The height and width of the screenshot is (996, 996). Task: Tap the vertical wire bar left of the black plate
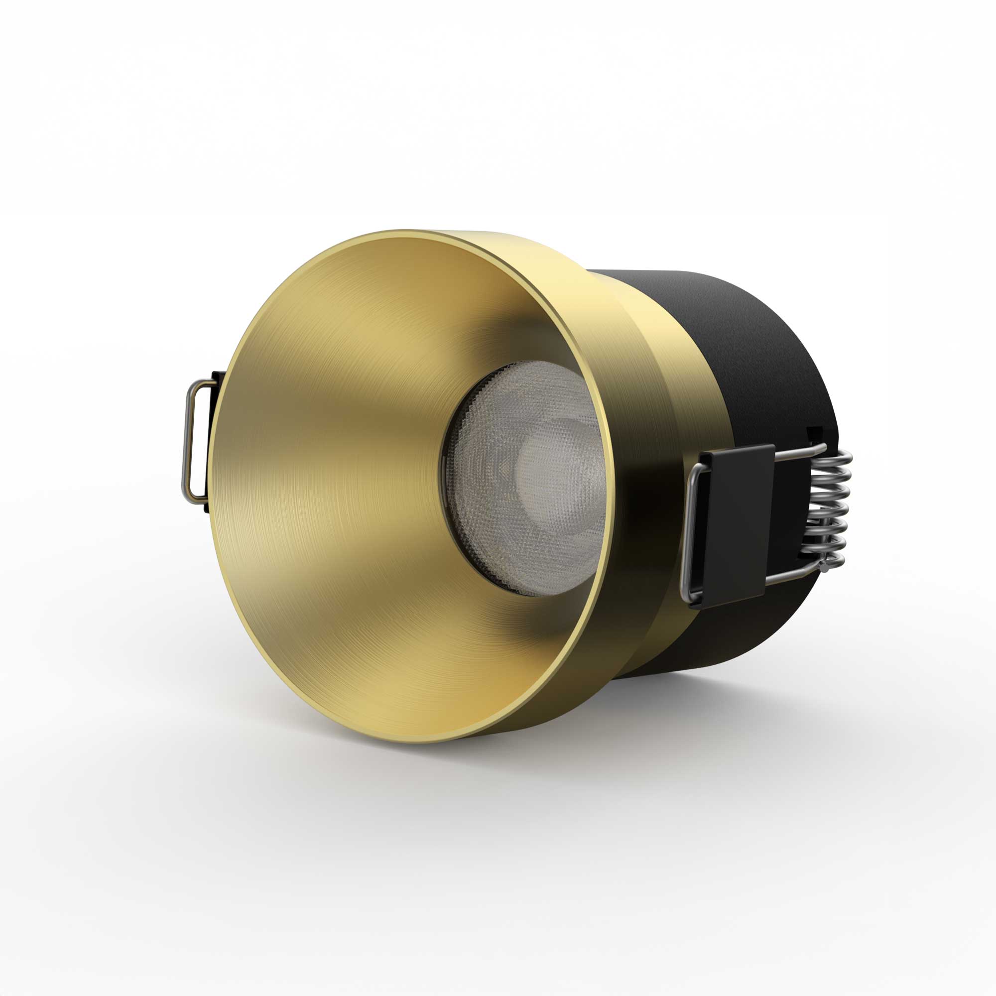tap(688, 531)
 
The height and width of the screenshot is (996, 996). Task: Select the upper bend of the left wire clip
tap(199, 384)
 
